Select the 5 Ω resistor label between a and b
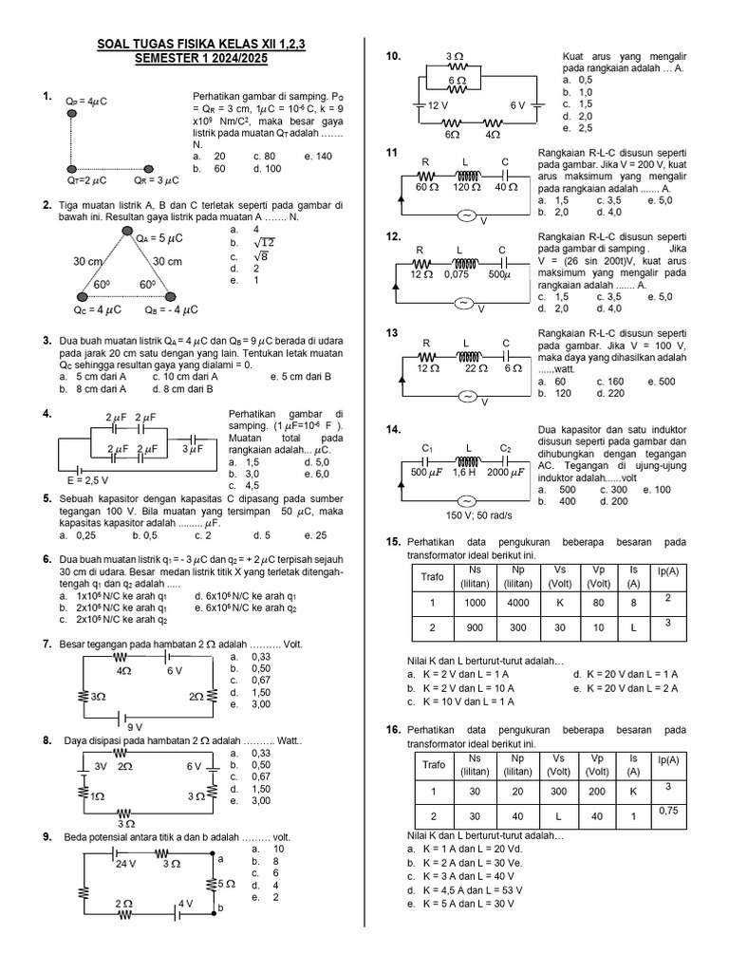click(226, 884)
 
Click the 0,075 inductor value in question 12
click(461, 274)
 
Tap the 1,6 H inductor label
click(465, 472)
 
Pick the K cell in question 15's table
click(559, 602)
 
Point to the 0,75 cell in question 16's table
click(666, 810)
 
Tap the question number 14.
click(392, 429)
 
